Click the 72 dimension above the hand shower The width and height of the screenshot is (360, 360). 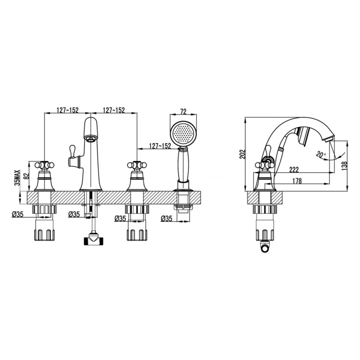coord(183,111)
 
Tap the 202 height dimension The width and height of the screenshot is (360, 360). coord(243,154)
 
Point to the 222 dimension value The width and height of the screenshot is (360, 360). coord(294,169)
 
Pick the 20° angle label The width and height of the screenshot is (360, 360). coord(321,154)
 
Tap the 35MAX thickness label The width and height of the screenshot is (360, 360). coord(18,178)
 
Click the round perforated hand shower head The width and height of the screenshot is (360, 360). coord(183,134)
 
